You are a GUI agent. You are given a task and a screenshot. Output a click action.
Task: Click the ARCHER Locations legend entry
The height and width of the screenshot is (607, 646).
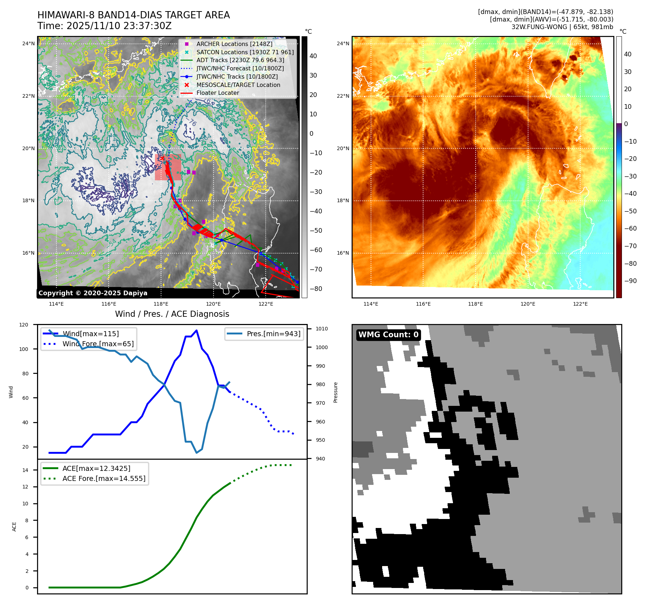(234, 44)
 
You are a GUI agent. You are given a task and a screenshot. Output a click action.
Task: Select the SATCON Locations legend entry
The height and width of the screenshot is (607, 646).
(245, 52)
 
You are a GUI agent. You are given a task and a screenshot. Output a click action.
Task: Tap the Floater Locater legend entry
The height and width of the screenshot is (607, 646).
(217, 93)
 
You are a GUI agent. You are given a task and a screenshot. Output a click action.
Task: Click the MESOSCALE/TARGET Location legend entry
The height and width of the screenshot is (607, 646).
(238, 85)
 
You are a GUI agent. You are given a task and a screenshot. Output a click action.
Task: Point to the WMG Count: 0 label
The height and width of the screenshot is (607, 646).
(388, 335)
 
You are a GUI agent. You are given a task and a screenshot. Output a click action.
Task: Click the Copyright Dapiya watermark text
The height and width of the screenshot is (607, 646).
(93, 293)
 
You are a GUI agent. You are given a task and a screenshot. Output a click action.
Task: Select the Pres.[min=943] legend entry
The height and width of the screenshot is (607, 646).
(273, 334)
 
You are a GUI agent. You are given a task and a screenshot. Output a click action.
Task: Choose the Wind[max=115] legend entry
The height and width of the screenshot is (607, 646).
(91, 334)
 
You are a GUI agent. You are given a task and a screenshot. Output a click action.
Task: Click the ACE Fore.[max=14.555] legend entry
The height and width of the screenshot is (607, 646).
(104, 478)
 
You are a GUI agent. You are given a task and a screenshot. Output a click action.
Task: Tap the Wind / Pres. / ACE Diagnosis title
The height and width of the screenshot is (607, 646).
(172, 314)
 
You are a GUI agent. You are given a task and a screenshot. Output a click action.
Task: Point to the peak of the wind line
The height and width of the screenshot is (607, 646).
(196, 330)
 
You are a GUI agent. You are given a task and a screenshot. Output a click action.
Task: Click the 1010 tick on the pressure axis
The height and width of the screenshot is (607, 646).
(322, 329)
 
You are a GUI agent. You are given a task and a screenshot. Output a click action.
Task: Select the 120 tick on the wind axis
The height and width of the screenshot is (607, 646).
(24, 325)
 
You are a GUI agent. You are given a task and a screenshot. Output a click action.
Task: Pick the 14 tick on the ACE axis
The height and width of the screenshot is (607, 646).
(25, 470)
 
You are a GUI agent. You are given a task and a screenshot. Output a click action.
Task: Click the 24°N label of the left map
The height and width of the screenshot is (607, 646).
(28, 44)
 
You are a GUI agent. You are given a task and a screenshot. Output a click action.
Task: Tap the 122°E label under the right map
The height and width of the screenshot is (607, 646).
(580, 304)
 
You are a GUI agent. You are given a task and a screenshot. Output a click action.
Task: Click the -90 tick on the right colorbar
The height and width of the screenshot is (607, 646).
(630, 281)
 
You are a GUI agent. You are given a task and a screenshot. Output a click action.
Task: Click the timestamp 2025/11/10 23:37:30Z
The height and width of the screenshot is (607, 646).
(119, 26)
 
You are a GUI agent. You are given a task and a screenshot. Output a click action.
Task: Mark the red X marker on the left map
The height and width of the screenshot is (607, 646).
(162, 158)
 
